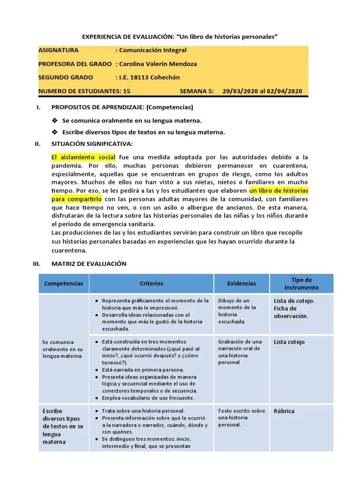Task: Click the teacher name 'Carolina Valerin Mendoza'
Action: click(157, 64)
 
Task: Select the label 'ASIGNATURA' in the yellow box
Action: click(59, 50)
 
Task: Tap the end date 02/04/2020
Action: click(285, 91)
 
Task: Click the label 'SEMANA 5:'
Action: click(196, 91)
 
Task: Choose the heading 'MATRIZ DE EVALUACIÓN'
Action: click(89, 263)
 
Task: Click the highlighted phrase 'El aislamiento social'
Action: click(83, 157)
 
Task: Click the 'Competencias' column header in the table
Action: click(63, 284)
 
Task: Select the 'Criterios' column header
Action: click(151, 284)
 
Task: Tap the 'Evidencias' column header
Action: click(241, 284)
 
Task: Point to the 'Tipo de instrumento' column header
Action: click(301, 284)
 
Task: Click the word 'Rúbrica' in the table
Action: click(284, 411)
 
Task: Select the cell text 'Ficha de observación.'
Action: click(291, 312)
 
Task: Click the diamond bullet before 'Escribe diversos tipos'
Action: click(55, 132)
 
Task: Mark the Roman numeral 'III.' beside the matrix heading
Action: click(37, 263)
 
